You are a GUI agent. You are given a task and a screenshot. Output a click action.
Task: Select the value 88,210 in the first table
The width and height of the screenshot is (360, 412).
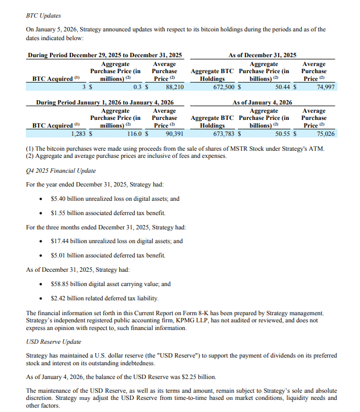[x=174, y=87]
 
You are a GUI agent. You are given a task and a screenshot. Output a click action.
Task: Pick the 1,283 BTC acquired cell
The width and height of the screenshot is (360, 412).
[x=80, y=133]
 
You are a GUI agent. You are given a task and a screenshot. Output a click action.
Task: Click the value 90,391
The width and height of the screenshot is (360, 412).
[x=174, y=133]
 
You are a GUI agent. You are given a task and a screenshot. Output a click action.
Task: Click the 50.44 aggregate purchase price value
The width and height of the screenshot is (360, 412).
[x=283, y=87]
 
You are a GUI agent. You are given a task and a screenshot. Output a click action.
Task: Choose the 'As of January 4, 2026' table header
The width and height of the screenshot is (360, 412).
[x=262, y=102]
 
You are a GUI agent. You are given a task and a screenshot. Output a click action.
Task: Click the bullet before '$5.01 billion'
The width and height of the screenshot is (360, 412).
[x=42, y=256]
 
